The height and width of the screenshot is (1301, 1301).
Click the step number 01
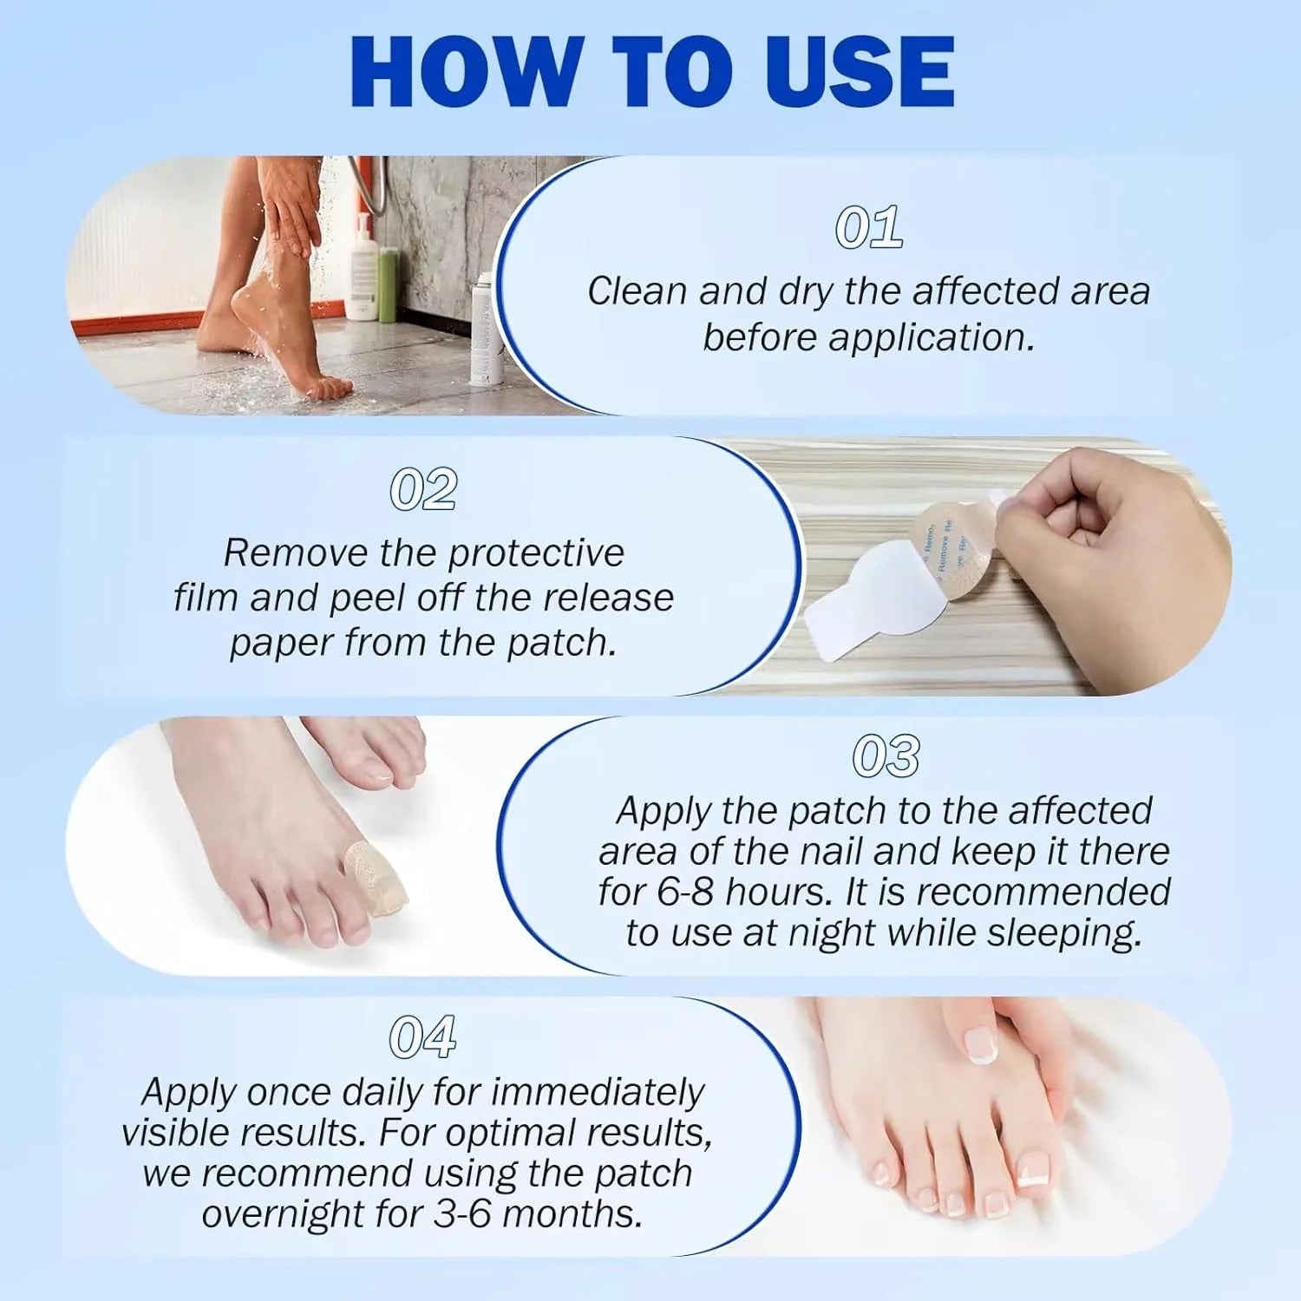click(x=868, y=228)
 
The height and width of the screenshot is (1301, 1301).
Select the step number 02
click(x=423, y=490)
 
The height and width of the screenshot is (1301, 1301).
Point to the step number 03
click(x=886, y=756)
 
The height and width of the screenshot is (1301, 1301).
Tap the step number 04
click(x=422, y=1036)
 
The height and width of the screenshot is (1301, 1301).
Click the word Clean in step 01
click(x=637, y=291)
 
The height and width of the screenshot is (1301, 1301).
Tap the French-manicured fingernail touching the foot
click(x=981, y=1044)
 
